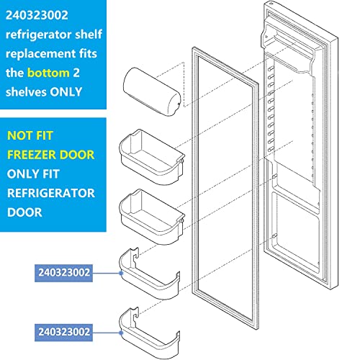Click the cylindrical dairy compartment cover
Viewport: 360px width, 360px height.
pos(152,91)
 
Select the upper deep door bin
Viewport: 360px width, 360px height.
pos(152,157)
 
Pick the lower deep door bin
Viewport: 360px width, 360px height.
pos(152,217)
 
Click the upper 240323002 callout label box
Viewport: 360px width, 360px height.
pos(64,273)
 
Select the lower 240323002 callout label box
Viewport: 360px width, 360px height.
pos(64,333)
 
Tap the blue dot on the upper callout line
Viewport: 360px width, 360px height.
pos(121,273)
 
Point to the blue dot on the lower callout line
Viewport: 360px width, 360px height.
pos(121,333)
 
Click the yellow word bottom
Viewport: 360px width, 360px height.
pos(48,73)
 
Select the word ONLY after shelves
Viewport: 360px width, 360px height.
pos(66,92)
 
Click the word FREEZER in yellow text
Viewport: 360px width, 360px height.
pos(31,155)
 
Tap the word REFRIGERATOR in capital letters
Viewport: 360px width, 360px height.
pos(51,193)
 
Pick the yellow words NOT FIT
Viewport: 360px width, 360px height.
pos(30,135)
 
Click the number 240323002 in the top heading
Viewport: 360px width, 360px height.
pos(37,15)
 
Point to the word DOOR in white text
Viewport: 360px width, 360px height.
pos(24,212)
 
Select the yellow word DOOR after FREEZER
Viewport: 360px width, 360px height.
pos(77,155)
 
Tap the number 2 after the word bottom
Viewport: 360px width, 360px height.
pos(76,73)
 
